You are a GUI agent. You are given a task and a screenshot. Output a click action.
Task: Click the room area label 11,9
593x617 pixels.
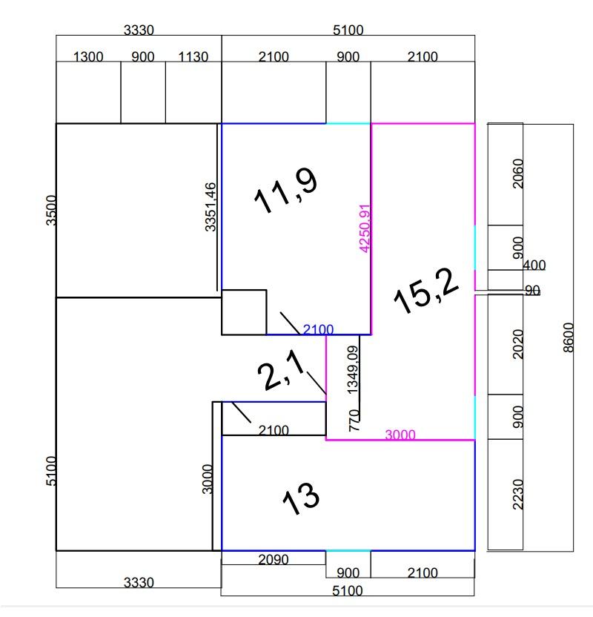[285, 191]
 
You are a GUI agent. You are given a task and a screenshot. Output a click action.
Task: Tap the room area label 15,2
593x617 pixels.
[426, 291]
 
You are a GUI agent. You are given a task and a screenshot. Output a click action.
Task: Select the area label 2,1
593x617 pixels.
[281, 370]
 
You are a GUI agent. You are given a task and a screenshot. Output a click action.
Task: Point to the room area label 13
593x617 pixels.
[301, 498]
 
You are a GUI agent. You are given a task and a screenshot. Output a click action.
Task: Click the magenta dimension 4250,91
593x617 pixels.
[365, 228]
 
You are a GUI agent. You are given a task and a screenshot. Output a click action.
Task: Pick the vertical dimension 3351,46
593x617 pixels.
[211, 207]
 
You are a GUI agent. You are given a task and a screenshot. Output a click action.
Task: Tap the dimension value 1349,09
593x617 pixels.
[352, 369]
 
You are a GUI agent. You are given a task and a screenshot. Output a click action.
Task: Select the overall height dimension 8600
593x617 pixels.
[569, 337]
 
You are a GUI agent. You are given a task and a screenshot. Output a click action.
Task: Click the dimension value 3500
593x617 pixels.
[51, 210]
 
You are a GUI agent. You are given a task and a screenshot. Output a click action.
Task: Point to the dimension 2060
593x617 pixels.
[518, 174]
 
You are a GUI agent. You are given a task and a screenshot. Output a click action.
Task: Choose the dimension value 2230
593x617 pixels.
[518, 494]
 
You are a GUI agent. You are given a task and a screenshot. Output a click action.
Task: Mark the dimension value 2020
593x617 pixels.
[518, 344]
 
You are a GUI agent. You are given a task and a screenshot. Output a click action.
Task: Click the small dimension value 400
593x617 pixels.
[534, 265]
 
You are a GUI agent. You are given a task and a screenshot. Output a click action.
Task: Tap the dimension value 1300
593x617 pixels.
[88, 56]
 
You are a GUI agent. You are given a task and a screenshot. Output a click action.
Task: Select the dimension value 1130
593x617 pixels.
[193, 56]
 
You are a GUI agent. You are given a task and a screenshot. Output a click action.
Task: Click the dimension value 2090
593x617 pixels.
[274, 559]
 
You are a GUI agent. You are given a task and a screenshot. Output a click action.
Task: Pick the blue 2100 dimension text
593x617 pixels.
[318, 329]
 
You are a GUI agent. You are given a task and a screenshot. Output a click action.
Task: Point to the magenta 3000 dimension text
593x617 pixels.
[400, 435]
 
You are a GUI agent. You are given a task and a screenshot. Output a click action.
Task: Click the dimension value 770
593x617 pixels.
[354, 420]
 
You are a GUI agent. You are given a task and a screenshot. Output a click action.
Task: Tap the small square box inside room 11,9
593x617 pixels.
[244, 312]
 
